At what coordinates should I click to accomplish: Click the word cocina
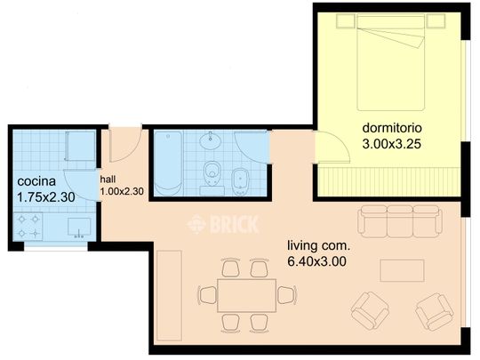coord(36,181)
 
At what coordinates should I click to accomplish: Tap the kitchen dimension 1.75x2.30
coord(46,197)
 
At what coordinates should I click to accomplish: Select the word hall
coord(108,179)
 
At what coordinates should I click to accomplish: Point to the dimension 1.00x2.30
coord(122,192)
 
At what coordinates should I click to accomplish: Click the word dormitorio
coord(392,128)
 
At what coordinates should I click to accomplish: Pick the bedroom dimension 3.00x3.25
coord(391,144)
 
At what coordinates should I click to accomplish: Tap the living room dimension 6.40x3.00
coord(316,261)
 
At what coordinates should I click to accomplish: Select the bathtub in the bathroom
coord(168,164)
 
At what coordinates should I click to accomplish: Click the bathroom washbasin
coord(211,141)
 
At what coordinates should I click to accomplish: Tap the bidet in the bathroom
coord(241,182)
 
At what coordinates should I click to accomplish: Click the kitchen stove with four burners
coord(28,227)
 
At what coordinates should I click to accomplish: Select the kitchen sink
coord(79,228)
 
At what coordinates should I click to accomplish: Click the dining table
coord(247,295)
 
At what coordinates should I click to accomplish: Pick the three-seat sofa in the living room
coord(399,221)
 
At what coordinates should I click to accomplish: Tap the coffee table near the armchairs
coord(402,270)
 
